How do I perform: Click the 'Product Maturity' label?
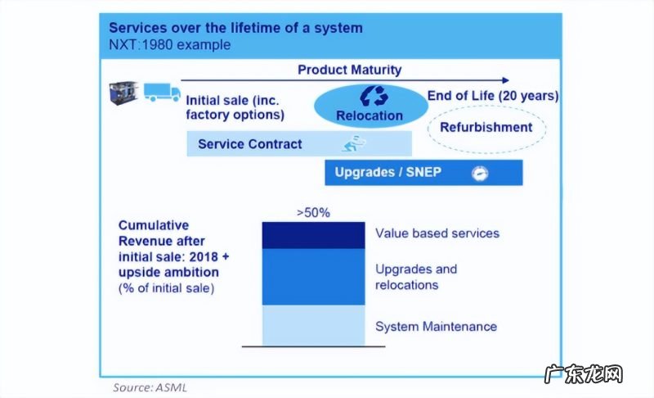349,70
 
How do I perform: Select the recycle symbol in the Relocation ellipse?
370,96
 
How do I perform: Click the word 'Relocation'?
370,115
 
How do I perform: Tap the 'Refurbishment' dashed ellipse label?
486,127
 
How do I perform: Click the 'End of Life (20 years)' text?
493,96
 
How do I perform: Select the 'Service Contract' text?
249,144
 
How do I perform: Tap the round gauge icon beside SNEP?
479,173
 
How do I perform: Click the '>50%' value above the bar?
313,212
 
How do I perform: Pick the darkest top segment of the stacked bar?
313,235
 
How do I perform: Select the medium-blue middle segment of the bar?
313,277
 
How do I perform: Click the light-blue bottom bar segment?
313,325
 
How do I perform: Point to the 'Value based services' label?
437,233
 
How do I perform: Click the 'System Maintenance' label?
436,327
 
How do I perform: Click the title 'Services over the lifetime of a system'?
235,29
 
